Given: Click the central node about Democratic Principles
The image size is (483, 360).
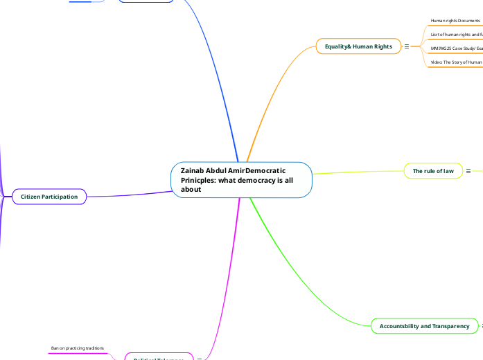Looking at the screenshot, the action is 241,179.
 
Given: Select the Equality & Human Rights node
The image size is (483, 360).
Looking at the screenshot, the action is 358,46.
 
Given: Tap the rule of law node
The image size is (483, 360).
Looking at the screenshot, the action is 433,171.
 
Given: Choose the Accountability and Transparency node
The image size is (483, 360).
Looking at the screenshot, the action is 424,325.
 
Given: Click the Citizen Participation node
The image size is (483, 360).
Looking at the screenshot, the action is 49,197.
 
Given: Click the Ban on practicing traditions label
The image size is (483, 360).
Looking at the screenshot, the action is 77,348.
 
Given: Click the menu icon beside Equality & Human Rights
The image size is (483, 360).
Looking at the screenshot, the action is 406,46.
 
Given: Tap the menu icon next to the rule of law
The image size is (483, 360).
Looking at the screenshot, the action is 468,171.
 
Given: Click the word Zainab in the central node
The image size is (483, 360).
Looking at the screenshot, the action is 192,170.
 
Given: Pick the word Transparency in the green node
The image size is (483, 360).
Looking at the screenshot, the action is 448,325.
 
